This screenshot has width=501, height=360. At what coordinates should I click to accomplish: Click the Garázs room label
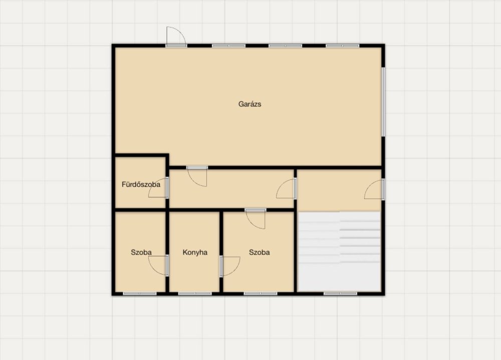tap(250, 104)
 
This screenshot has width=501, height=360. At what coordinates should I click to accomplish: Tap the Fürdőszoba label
tap(141, 185)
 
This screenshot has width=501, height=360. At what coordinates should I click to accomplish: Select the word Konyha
tap(195, 252)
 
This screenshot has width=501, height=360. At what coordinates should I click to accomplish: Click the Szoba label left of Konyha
tap(141, 252)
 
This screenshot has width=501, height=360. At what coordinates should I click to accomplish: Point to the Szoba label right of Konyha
tap(260, 252)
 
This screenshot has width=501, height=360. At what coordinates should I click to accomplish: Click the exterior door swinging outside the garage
tap(176, 37)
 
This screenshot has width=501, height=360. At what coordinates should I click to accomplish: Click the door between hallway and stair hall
tap(287, 189)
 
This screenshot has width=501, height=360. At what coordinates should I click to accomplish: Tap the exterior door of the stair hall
tap(374, 189)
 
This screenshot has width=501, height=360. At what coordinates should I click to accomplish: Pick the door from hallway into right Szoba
tap(256, 219)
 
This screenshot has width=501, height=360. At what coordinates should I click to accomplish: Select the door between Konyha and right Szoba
tap(230, 266)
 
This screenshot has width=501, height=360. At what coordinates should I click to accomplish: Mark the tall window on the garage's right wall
tap(383, 102)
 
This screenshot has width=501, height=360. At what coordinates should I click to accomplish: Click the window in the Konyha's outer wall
tap(195, 293)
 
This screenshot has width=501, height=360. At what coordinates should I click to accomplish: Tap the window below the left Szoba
tap(140, 293)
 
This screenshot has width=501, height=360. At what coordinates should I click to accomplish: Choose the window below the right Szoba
tap(261, 293)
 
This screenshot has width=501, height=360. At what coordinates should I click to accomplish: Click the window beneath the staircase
tap(340, 293)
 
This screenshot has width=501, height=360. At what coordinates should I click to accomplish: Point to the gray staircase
tap(339, 251)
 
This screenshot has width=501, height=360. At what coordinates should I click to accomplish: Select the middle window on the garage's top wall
tap(286, 46)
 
